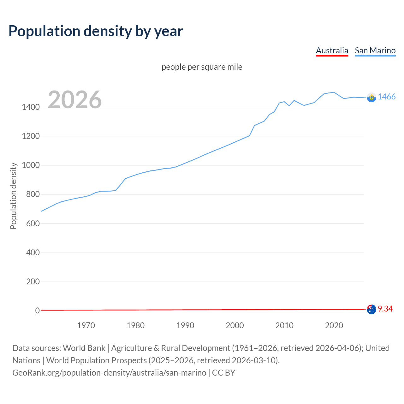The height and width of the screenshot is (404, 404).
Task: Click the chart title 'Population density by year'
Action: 96,31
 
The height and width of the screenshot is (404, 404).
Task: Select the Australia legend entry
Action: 332,50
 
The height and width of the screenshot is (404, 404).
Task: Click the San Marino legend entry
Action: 375,50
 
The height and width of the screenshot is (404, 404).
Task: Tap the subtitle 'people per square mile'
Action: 202,67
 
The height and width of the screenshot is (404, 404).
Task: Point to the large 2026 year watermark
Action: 75,100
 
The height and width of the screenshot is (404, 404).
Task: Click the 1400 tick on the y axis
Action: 31,107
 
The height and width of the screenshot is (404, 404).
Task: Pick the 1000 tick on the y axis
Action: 31,165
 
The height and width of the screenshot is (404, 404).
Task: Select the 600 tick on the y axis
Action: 33,223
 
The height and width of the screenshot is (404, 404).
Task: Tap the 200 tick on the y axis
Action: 33,282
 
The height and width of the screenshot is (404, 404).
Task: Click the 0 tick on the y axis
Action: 37,311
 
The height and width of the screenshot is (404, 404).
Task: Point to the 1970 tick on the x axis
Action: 86,325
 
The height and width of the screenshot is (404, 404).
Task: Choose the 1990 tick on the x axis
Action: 185,325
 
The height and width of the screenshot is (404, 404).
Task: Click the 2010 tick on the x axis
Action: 284,325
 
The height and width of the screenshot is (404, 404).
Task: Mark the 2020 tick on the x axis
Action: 334,325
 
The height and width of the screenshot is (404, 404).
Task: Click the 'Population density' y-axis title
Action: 13,196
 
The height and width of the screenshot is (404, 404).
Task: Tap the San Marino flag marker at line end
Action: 371,98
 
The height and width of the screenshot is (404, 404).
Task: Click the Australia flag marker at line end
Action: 371,309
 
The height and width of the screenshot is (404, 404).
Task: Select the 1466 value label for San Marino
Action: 386,97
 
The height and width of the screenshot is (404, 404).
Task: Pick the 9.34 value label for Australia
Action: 385,309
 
